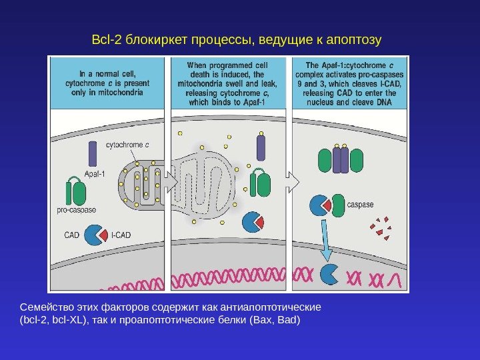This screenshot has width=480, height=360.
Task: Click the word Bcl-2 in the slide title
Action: click(105, 41)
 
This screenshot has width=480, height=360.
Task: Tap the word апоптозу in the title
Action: click(355, 41)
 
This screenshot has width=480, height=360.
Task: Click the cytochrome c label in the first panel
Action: click(128, 144)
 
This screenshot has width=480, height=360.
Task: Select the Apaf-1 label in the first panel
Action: click(95, 175)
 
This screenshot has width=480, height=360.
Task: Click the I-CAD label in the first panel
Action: click(121, 235)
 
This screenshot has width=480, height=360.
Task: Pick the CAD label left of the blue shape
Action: click(71, 235)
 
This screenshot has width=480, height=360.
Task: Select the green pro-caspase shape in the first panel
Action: click(75, 192)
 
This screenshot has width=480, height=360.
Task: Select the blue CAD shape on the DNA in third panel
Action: click(329, 274)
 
